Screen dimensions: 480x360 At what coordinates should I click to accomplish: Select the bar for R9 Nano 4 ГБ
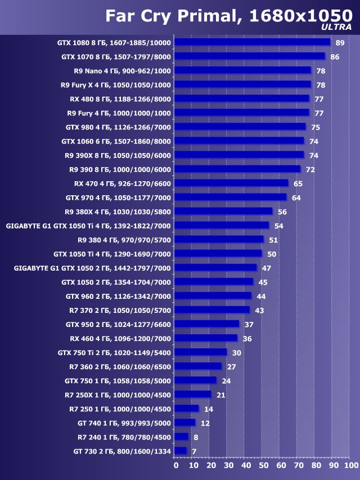pos(242,70)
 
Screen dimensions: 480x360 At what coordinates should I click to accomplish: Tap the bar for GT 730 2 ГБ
pos(181,451)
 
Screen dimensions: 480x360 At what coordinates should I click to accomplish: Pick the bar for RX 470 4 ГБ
pos(231,183)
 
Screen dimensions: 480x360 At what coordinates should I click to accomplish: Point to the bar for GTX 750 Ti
pos(201,352)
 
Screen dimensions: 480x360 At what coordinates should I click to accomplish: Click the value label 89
pos(340,43)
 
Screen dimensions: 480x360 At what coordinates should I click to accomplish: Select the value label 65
pos(298,183)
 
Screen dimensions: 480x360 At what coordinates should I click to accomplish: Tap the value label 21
pos(220,395)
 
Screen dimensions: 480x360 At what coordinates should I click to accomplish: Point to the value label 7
pos(194,451)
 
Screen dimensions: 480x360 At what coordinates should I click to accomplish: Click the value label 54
pos(278,226)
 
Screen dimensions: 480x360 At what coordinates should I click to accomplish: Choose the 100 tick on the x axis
pos(350,465)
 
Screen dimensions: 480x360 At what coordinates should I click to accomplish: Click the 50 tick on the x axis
pos(263,465)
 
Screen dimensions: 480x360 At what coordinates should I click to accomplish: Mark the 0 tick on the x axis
pos(176,465)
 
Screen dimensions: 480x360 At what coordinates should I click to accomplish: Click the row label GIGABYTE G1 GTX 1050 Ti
pos(88,226)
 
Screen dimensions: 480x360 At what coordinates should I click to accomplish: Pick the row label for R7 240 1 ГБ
pos(124,437)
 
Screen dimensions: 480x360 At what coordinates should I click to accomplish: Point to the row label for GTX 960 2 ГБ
pos(118,296)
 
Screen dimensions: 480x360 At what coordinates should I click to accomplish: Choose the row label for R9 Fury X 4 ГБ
pos(116,85)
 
